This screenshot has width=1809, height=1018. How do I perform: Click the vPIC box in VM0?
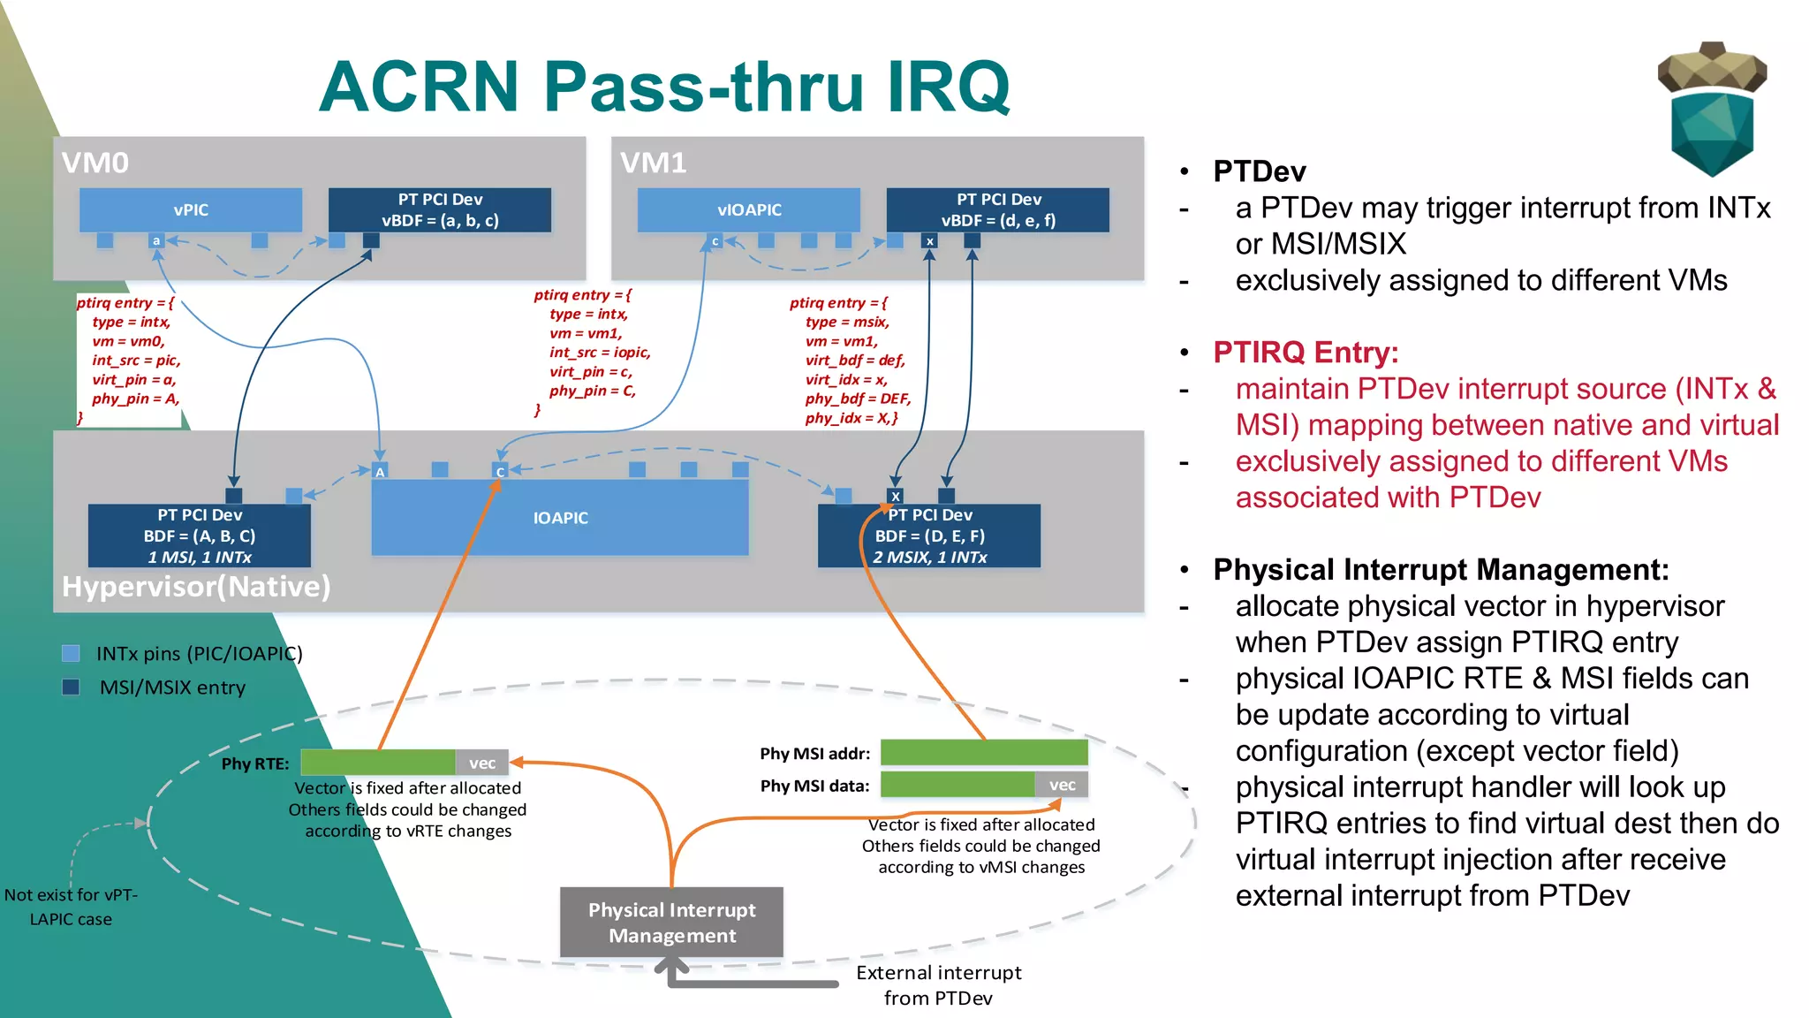(x=191, y=209)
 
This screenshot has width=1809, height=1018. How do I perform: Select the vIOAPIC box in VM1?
(x=749, y=209)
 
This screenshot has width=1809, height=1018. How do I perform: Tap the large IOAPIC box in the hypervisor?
(x=560, y=518)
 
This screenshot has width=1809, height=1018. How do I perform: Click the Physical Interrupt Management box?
(x=671, y=923)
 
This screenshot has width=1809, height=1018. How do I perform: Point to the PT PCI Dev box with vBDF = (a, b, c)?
(x=440, y=209)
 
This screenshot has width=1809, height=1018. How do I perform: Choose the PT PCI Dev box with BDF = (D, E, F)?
(x=929, y=536)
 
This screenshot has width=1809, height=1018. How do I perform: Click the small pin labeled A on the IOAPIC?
(x=380, y=471)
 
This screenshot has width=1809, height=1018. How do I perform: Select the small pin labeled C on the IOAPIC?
(x=500, y=471)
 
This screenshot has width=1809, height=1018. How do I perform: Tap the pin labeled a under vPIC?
(x=156, y=240)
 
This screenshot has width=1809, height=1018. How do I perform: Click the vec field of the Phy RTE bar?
(x=482, y=763)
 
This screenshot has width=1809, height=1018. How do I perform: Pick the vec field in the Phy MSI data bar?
(x=1062, y=785)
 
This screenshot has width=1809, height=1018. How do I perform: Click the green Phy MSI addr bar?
(x=984, y=753)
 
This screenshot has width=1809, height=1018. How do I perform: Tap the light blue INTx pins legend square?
(x=72, y=653)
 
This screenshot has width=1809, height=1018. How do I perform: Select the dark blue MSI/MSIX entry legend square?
(x=72, y=687)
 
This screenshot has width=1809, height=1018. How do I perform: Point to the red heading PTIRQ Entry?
(x=1306, y=352)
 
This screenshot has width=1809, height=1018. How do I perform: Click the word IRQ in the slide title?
(x=948, y=87)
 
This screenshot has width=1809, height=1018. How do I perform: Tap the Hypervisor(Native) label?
(x=196, y=586)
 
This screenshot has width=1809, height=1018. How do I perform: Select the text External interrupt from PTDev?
(x=938, y=984)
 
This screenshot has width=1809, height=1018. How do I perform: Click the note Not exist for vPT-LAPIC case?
(x=71, y=907)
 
